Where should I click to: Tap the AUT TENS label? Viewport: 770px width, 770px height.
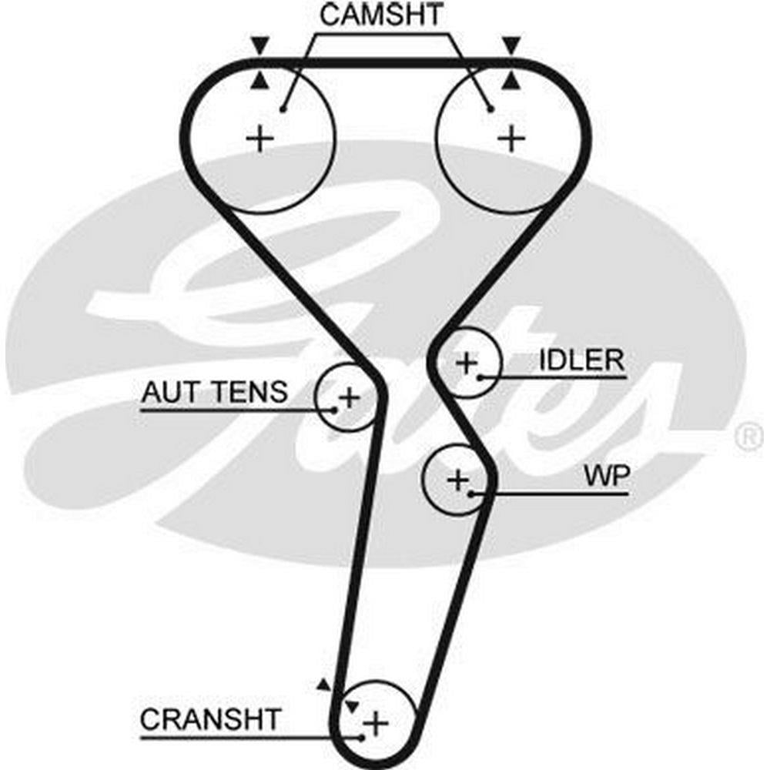[213, 393]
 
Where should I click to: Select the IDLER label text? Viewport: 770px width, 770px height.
[581, 360]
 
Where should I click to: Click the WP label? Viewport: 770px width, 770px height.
[606, 477]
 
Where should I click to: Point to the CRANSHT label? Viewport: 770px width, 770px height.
[210, 720]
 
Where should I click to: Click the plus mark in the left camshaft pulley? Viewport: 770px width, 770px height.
[260, 139]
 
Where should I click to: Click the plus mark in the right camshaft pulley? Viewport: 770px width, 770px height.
[511, 139]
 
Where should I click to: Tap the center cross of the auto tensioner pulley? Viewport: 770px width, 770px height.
[350, 398]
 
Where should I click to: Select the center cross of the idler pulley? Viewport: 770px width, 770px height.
[467, 362]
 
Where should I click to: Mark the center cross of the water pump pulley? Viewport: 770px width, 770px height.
[458, 480]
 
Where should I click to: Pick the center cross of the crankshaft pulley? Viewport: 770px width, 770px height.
[376, 723]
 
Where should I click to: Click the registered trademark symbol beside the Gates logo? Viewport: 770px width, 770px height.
[747, 437]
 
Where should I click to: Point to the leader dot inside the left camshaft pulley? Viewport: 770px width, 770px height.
[283, 109]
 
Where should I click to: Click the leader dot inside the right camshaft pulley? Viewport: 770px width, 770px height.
[490, 109]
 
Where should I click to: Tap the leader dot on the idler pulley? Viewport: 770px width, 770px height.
[480, 377]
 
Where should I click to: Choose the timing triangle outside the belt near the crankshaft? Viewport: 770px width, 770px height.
[324, 684]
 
